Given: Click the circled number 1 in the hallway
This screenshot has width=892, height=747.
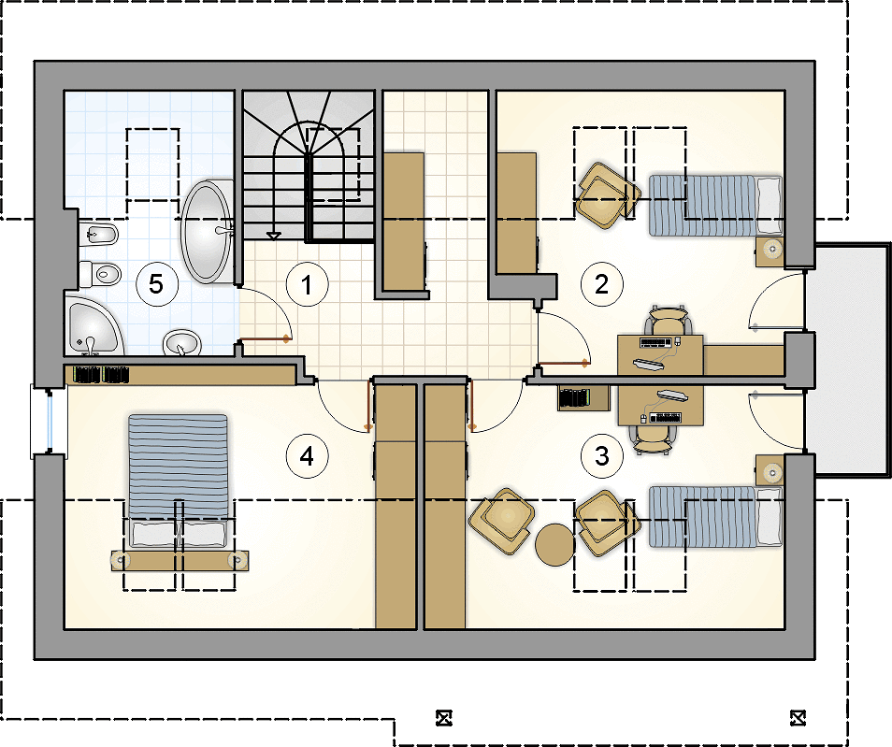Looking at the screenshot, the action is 308,284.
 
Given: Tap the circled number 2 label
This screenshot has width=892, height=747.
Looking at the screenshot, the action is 602,284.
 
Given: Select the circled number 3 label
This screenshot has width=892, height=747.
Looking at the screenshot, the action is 602,455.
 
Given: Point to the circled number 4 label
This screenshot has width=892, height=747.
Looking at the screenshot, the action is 308,455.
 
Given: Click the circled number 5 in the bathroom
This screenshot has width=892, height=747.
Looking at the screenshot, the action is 156,284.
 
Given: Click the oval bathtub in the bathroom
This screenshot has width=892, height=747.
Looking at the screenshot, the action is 207,232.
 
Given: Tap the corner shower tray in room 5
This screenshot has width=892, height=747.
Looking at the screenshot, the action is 94,324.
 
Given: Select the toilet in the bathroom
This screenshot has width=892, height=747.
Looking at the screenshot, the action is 100,274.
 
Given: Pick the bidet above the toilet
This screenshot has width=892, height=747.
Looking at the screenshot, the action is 98,233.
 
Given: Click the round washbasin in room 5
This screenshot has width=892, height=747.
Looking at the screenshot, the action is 182,343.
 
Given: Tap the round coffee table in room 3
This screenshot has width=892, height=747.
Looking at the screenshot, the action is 554,544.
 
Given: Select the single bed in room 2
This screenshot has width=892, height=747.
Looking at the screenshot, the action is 715,206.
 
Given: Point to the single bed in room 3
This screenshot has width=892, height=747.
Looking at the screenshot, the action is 715,517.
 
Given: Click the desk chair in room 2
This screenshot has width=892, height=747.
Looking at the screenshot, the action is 668,321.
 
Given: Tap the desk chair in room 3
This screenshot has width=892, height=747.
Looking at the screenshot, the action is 653,439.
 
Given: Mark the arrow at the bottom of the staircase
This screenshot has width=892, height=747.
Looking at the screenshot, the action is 274,235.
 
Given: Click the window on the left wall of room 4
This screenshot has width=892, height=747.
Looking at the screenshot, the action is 49,421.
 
